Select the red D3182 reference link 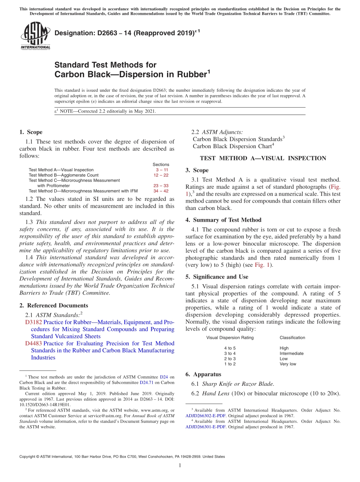point(33,322)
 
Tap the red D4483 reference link point(33,343)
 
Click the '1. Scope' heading point(31,132)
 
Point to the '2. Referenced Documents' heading point(53,305)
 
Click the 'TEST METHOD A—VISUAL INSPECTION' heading point(263,158)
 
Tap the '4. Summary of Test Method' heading point(223,220)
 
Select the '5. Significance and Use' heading point(217,277)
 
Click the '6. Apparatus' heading point(203,374)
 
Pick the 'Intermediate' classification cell point(291,353)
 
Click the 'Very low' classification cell point(288,364)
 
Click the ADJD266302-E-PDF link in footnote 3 point(205,416)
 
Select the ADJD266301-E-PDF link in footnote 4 point(205,427)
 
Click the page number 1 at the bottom point(180,466)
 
